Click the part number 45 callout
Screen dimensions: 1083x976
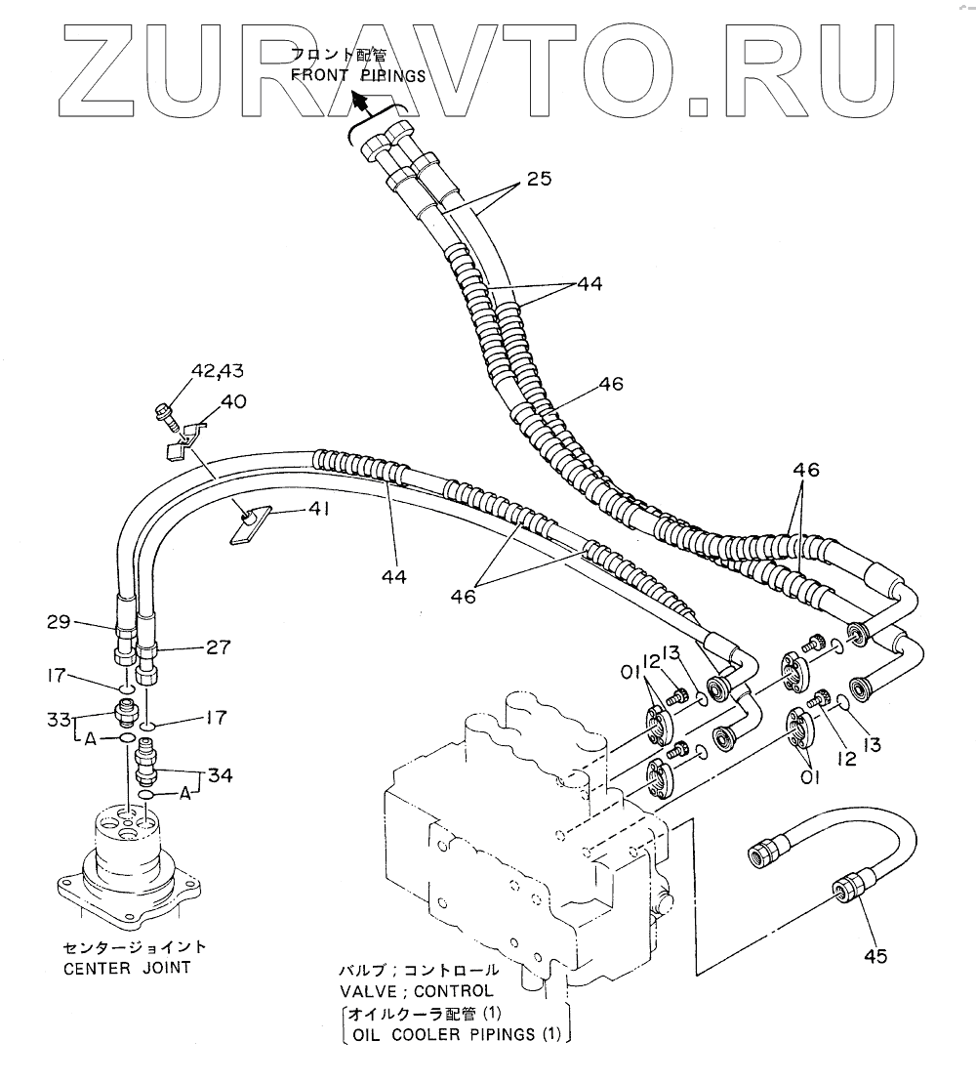point(875,957)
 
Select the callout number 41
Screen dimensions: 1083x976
point(320,508)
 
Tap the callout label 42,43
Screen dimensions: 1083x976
point(218,371)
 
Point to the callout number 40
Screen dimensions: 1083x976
point(233,400)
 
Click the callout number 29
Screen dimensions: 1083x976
point(61,621)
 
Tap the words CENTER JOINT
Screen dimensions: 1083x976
point(127,969)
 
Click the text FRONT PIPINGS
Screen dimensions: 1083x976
point(358,76)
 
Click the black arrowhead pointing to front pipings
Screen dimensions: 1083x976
point(360,100)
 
